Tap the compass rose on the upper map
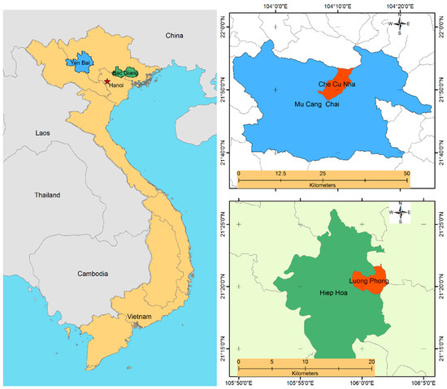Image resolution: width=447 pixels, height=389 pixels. click(400, 24)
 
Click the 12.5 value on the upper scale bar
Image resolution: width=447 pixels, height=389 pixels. click(280, 174)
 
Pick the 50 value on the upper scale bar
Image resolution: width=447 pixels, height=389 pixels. click(406, 174)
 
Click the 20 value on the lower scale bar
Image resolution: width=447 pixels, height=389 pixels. click(371, 362)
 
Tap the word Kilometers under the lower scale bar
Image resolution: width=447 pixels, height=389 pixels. click(305, 375)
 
